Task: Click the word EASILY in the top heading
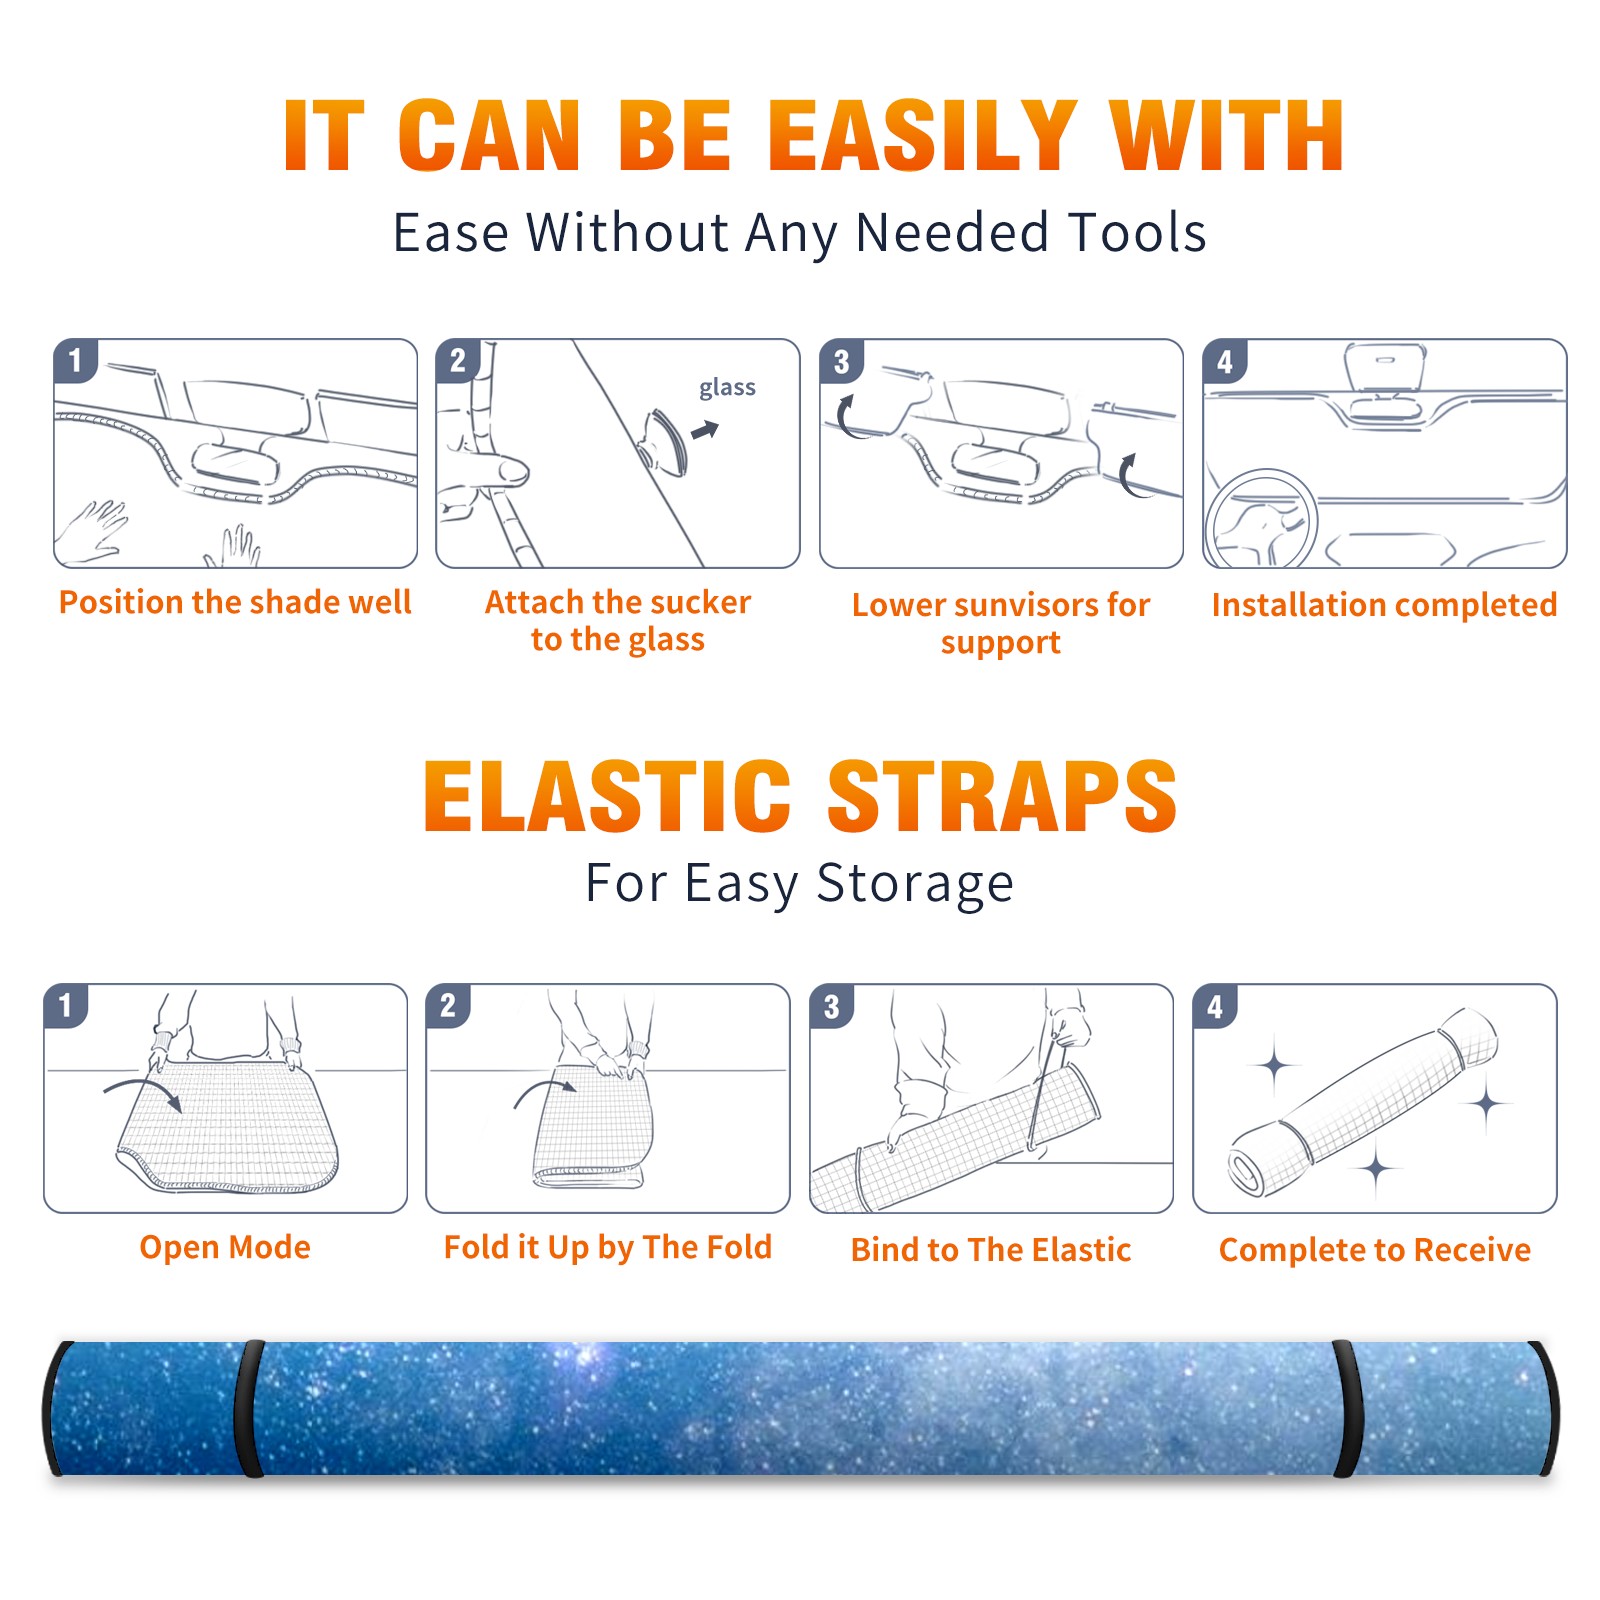click(x=922, y=136)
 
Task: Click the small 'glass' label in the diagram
click(x=727, y=388)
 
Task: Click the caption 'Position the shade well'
click(x=235, y=602)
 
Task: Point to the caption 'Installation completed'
click(x=1384, y=605)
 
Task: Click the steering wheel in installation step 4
click(x=1261, y=520)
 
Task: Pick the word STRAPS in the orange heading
click(x=1002, y=796)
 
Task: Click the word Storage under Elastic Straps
click(x=915, y=884)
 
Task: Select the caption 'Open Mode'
click(x=225, y=1247)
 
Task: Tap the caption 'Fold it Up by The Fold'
click(x=608, y=1247)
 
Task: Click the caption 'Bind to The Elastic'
click(x=991, y=1250)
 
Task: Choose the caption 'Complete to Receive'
click(x=1375, y=1250)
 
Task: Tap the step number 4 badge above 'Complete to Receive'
click(x=1215, y=1006)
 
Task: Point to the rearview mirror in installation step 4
click(x=1384, y=367)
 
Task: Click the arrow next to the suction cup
click(x=705, y=430)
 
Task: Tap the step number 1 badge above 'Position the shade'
click(x=75, y=360)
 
